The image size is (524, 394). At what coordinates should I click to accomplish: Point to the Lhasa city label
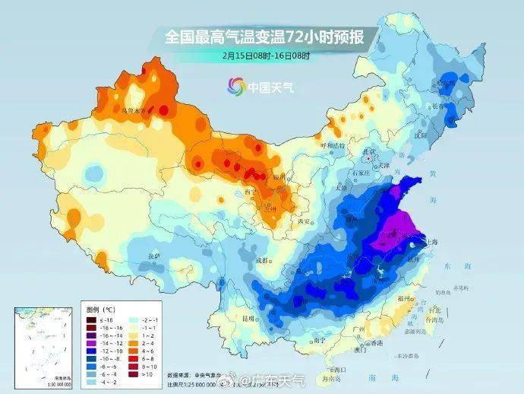pyautogui.click(x=154, y=255)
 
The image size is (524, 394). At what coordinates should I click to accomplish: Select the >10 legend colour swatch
pyautogui.click(x=133, y=375)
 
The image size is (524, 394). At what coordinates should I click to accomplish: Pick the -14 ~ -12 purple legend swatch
pyautogui.click(x=90, y=337)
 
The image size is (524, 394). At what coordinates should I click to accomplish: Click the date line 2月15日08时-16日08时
pyautogui.click(x=261, y=55)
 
